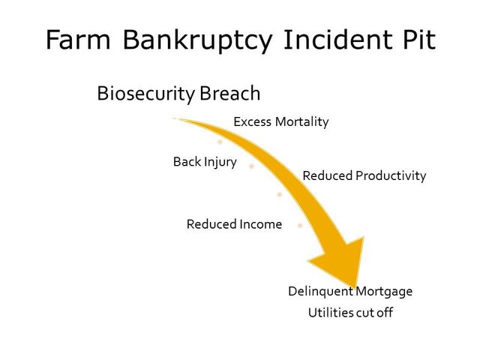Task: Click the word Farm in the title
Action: click(x=78, y=40)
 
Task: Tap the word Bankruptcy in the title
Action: click(x=197, y=41)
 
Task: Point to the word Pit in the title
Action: click(x=419, y=39)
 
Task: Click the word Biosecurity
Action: click(x=145, y=94)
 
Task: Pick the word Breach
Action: click(x=230, y=93)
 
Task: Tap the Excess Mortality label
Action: click(x=281, y=121)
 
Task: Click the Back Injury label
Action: click(x=205, y=162)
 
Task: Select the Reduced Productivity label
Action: click(x=364, y=176)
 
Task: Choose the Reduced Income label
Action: click(x=234, y=224)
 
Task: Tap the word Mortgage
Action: click(x=384, y=292)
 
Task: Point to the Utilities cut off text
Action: click(x=350, y=313)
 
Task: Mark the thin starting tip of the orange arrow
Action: click(x=174, y=118)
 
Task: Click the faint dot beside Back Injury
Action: click(x=252, y=166)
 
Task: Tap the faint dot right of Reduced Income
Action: click(x=300, y=226)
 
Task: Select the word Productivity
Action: click(x=391, y=176)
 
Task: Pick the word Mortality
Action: click(x=301, y=121)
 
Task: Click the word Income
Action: click(x=260, y=224)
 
